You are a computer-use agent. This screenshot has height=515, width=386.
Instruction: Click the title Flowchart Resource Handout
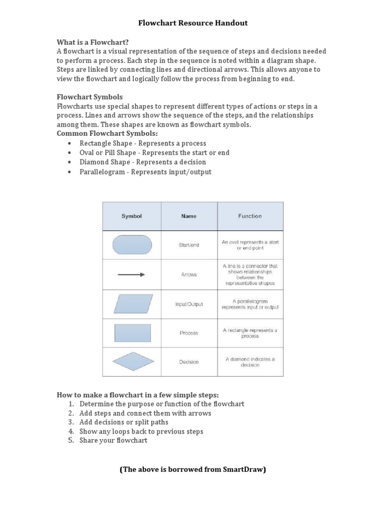point(193,23)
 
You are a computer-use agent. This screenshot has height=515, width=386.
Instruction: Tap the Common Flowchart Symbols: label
point(107,133)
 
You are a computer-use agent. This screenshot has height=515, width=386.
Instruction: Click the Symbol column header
point(132,216)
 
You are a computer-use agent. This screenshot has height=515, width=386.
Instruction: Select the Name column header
point(189,216)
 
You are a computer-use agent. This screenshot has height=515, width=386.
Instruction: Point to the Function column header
point(250,216)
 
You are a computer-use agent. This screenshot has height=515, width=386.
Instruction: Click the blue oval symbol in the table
point(132,245)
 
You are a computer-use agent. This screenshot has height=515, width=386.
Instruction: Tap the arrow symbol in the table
point(132,275)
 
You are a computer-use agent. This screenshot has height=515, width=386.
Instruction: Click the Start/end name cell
point(189,245)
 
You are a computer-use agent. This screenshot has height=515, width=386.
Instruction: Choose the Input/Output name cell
point(189,304)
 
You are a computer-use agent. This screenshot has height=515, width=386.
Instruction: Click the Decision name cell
point(189,362)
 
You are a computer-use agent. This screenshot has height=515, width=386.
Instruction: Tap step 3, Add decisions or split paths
point(124,422)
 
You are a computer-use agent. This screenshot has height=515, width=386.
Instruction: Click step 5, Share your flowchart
point(113,441)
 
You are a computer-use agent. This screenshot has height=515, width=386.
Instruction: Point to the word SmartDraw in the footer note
point(244,470)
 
